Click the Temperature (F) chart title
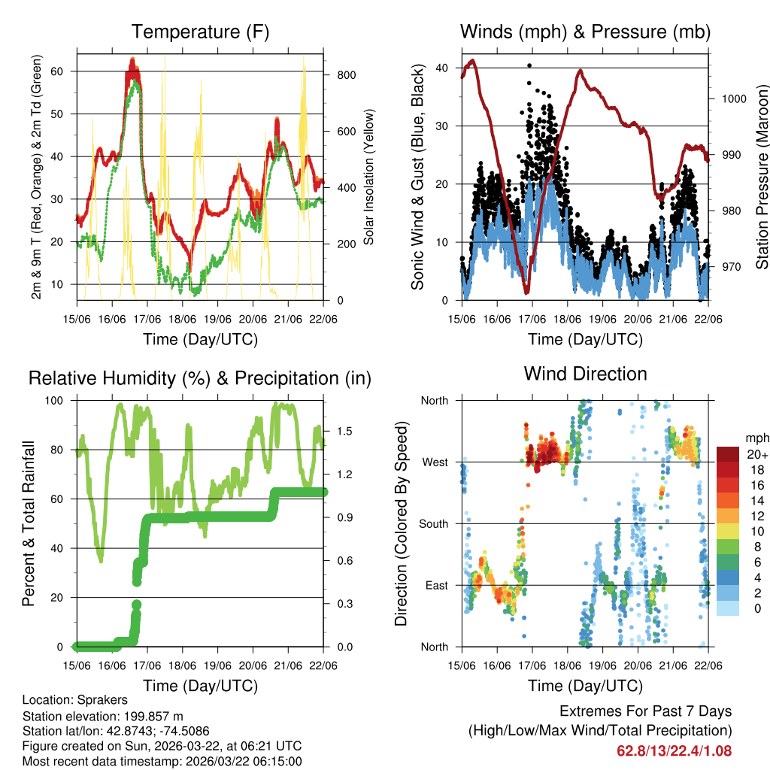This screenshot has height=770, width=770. (x=200, y=32)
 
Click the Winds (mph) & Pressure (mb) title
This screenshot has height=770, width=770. (x=585, y=32)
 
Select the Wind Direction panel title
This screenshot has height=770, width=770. (x=585, y=373)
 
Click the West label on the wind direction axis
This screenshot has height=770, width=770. (x=435, y=462)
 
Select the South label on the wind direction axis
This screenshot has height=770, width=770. (x=433, y=523)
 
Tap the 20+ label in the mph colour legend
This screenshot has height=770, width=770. (x=756, y=454)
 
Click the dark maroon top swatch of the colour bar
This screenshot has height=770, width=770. (x=727, y=454)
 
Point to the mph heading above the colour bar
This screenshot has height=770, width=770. (x=756, y=438)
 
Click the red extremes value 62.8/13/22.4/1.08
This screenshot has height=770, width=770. (x=674, y=750)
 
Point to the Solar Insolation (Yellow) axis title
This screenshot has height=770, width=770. (x=369, y=177)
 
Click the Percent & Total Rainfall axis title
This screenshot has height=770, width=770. (x=28, y=523)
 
